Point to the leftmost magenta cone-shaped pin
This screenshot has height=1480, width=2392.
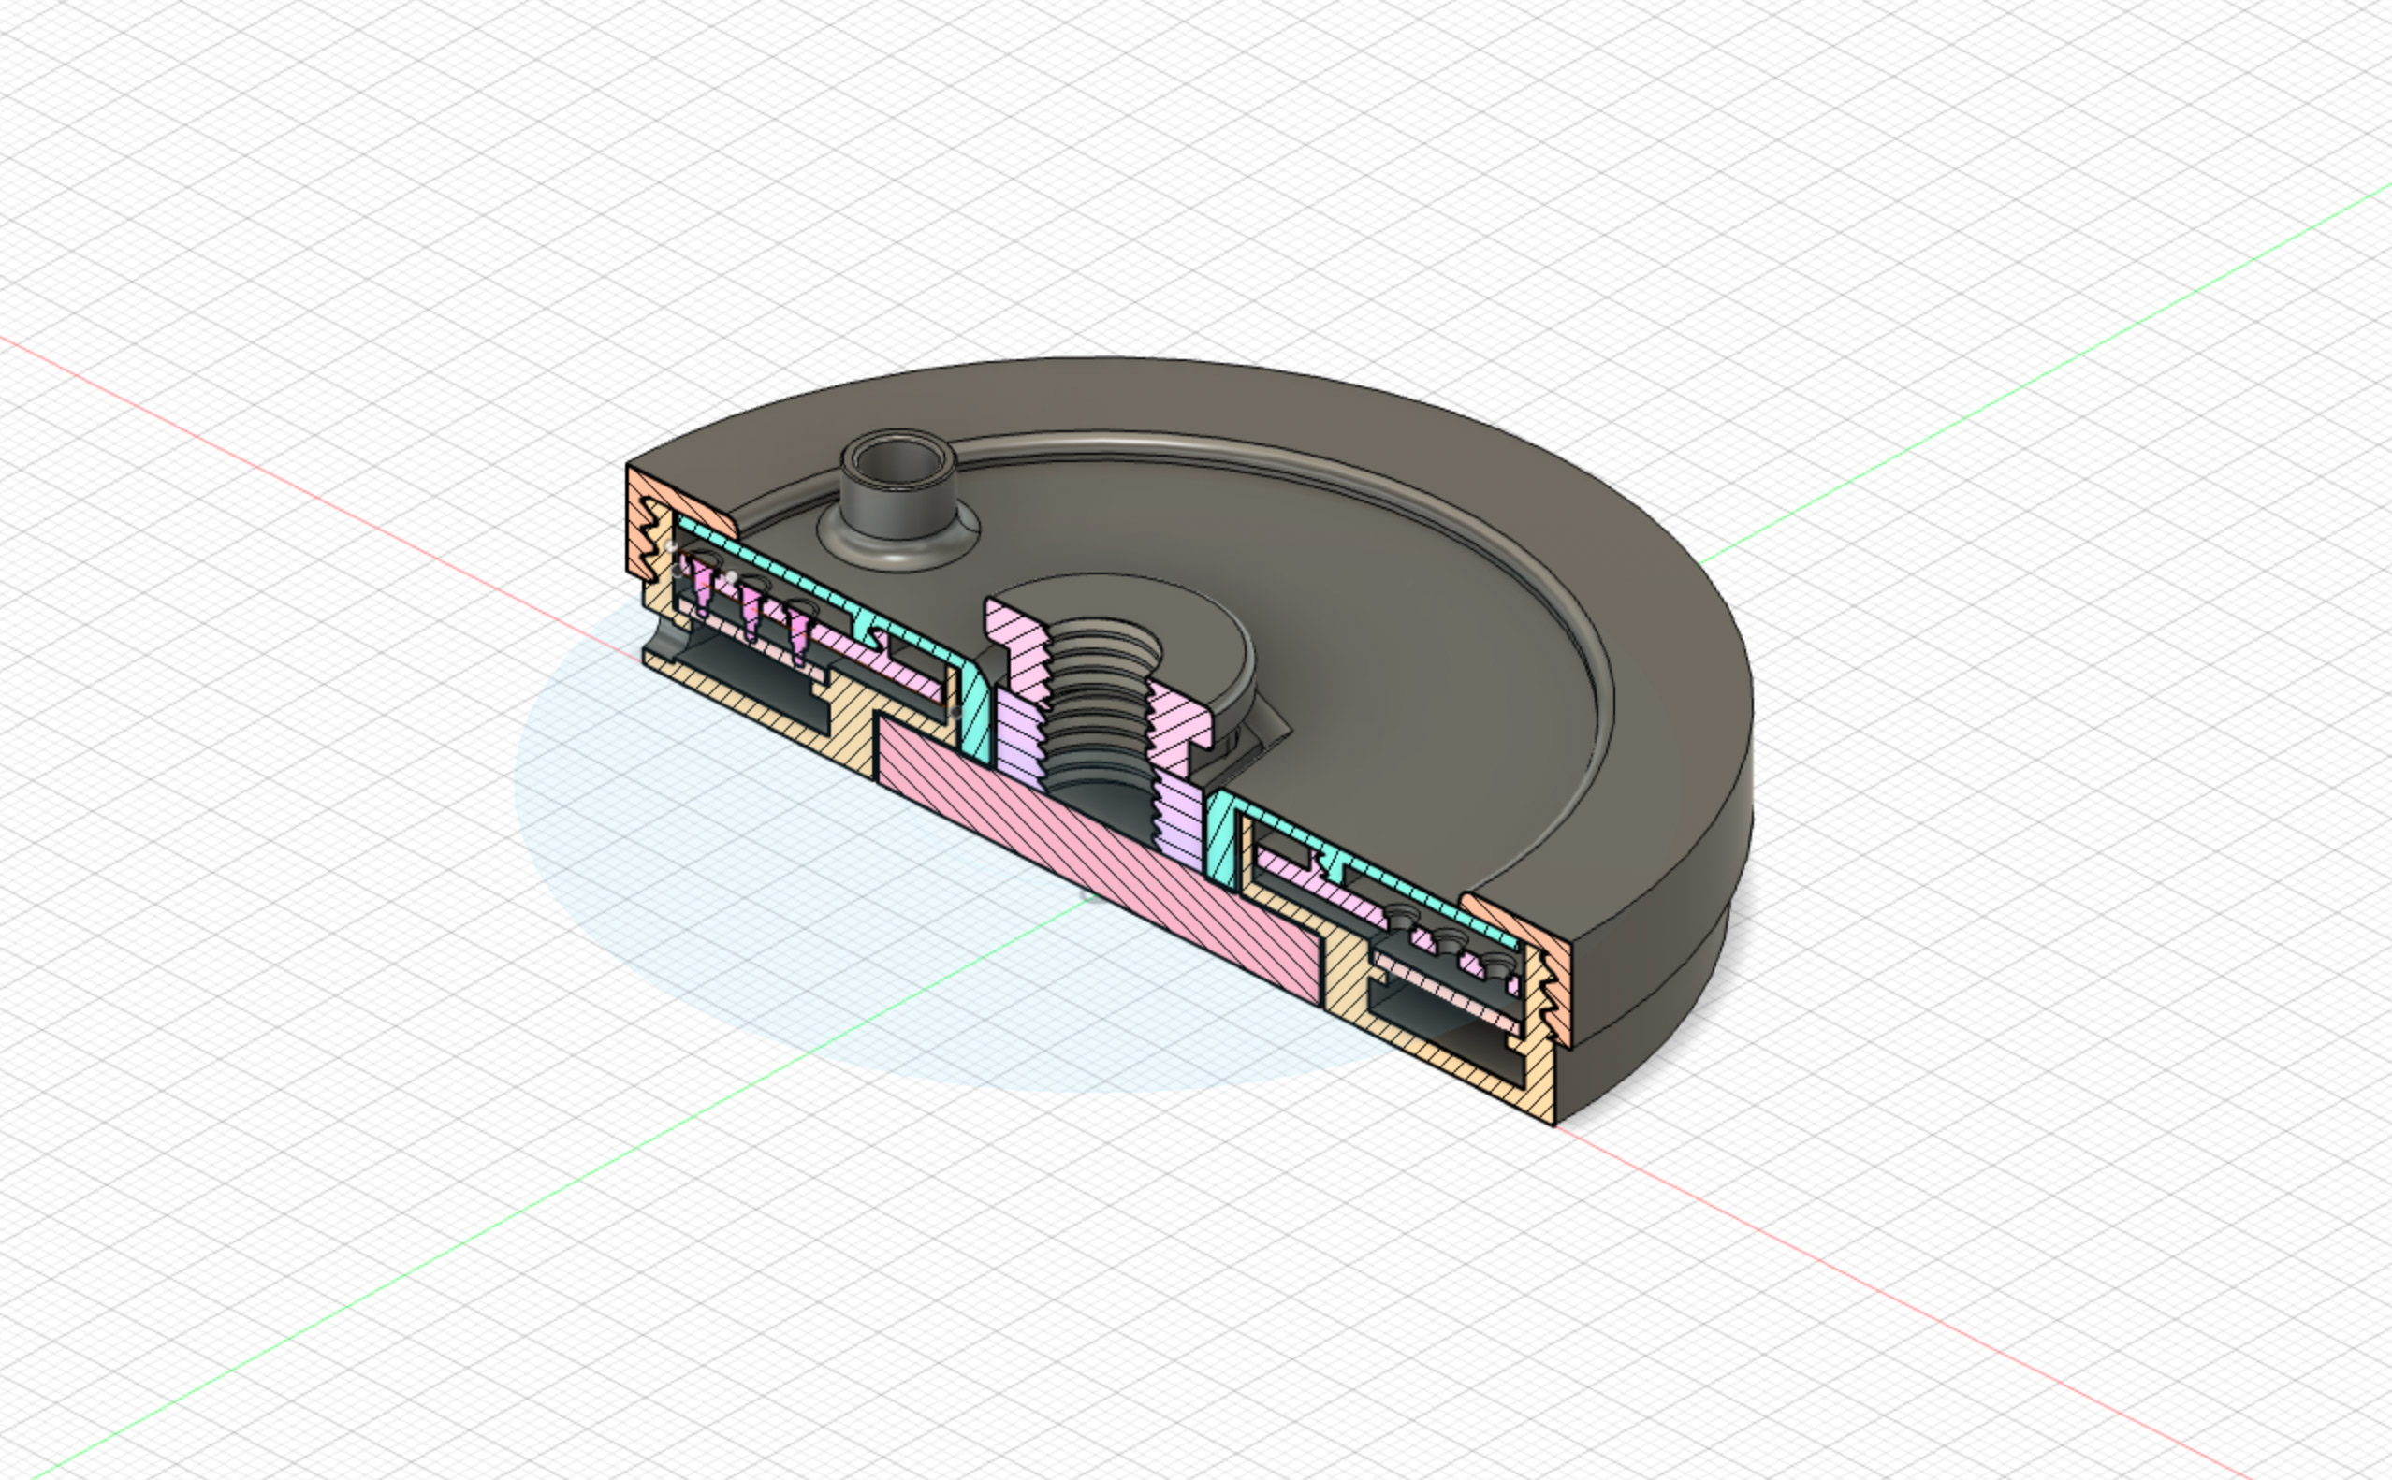tap(702, 586)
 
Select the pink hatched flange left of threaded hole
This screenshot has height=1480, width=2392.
tap(1014, 646)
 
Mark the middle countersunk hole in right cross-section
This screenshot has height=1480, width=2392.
tap(1447, 942)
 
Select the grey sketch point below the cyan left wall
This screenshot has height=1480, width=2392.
tap(955, 713)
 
